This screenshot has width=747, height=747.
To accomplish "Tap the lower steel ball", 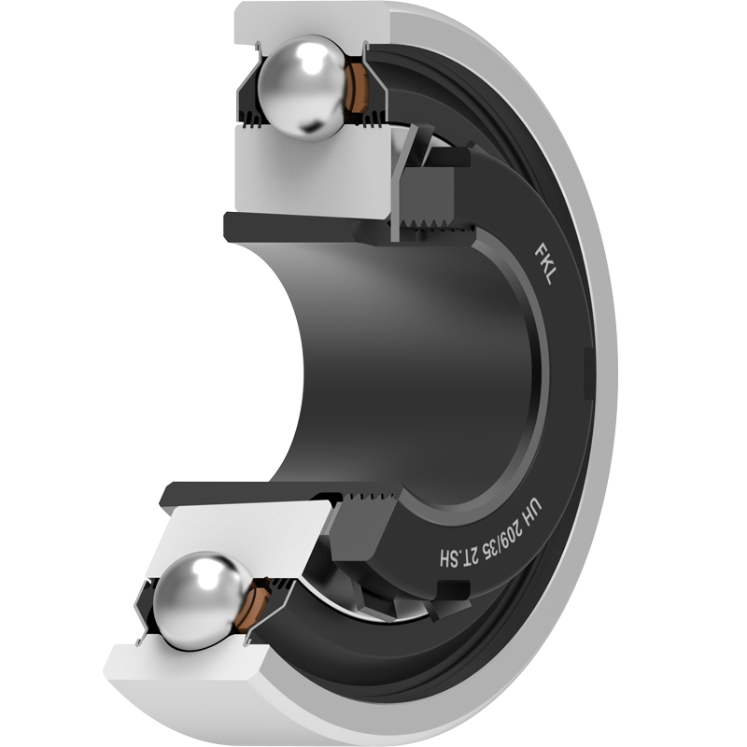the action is point(203,601).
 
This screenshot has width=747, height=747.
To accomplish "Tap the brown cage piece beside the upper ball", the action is point(357,88).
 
